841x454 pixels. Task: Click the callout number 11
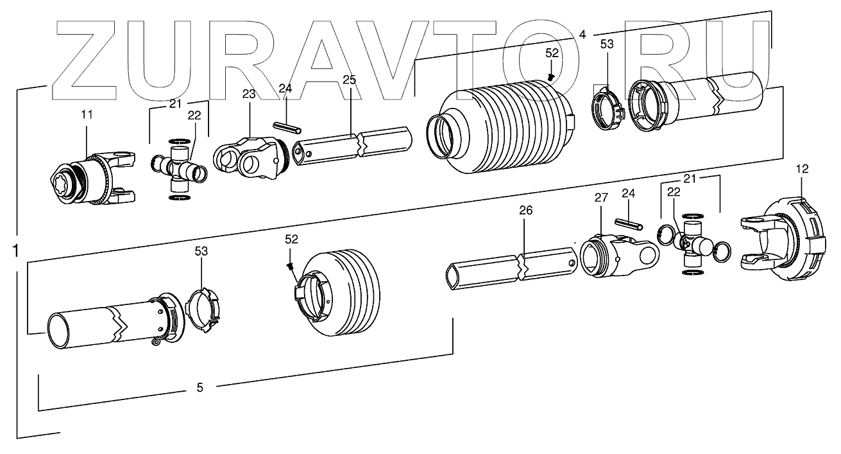[x=87, y=115]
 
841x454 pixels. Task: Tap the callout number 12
[x=803, y=169]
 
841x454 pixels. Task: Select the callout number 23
[x=249, y=94]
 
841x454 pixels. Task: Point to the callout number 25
[x=349, y=80]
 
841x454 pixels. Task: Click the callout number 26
[x=526, y=211]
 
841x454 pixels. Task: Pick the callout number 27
[x=600, y=198]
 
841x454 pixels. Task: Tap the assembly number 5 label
[x=200, y=387]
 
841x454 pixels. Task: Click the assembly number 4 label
[x=582, y=34]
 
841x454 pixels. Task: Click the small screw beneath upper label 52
[x=551, y=76]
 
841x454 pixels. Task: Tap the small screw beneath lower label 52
[x=291, y=265]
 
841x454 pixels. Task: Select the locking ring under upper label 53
[x=606, y=107]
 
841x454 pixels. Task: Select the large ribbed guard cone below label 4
[x=507, y=125]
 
